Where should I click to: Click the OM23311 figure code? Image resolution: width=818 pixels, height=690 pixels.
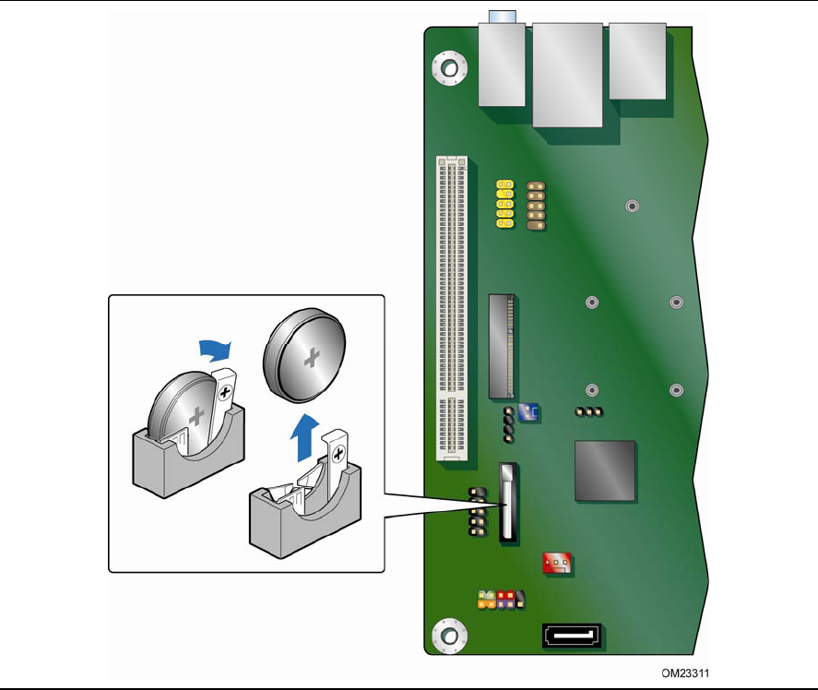point(685,673)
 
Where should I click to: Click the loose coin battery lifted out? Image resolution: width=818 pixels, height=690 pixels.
point(304,355)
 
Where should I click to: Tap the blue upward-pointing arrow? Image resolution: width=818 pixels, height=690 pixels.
point(304,437)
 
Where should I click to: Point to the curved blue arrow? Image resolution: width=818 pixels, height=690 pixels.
point(215,351)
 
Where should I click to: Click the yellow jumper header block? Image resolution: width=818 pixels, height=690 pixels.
point(505,204)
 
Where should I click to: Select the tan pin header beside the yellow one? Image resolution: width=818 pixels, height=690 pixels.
point(536,206)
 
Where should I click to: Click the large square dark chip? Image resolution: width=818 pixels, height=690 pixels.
point(605,470)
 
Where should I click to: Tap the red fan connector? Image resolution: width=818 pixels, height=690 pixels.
point(557,564)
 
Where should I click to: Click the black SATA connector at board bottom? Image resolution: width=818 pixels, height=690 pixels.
point(572,636)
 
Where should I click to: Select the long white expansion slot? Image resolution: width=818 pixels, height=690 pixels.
point(452,308)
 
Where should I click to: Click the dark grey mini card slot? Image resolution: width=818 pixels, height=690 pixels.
point(502,347)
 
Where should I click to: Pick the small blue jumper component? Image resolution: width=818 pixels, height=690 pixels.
point(528,412)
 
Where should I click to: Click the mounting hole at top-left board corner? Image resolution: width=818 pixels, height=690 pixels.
point(450,68)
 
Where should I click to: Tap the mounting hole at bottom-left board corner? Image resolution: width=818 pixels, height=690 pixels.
point(450,636)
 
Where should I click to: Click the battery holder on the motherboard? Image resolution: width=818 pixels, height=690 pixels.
point(507,502)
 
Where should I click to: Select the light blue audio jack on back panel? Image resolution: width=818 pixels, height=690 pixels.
point(503,17)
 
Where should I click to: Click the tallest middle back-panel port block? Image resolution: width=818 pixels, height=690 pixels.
point(567,75)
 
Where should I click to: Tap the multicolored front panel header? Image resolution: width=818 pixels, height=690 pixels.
point(502,600)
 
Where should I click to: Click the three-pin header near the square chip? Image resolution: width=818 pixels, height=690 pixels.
point(589,411)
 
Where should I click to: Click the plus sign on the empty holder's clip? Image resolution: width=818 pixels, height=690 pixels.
point(338,454)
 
